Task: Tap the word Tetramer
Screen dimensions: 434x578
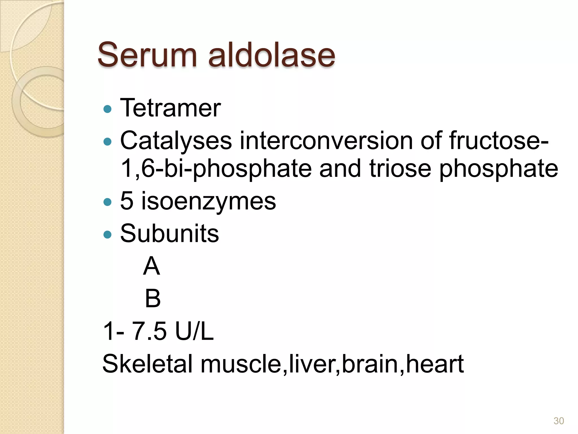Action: pos(170,108)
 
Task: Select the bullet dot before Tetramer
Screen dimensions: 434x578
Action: pos(108,109)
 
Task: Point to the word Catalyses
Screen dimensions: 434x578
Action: pos(176,141)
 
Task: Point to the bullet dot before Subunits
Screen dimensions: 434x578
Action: pos(108,234)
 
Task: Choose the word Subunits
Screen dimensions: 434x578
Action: pos(169,233)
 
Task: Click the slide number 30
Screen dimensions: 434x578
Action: pos(559,421)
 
